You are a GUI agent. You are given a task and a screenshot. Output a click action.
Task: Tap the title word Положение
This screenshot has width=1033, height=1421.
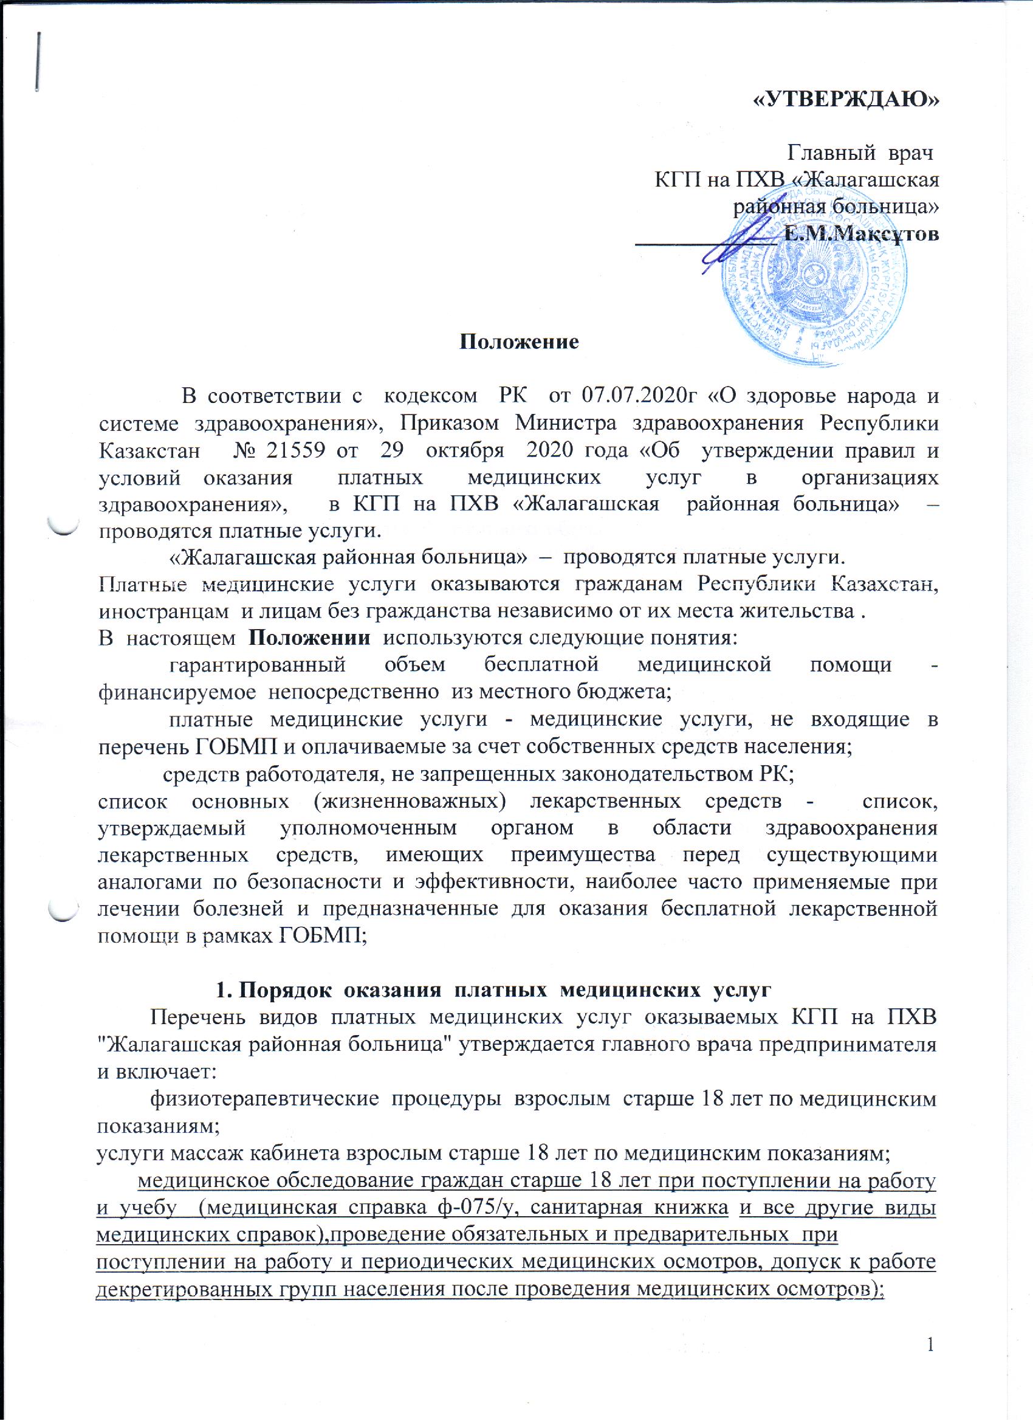pyautogui.click(x=520, y=342)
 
